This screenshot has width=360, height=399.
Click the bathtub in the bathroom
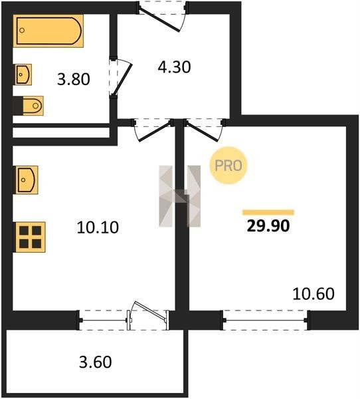48,31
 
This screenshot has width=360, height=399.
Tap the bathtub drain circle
22,31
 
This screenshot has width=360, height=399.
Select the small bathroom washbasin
23,74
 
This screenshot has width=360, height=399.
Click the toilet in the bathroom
33,105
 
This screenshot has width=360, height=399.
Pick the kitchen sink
27,180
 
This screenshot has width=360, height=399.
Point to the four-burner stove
31,237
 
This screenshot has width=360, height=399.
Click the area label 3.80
74,79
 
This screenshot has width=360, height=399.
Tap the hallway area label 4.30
174,67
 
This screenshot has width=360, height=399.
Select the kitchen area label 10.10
98,227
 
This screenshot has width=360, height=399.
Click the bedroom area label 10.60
314,294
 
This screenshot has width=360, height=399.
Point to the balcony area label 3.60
96,362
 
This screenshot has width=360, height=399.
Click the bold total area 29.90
268,225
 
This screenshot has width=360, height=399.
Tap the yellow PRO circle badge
228,166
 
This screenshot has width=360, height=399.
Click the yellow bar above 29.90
268,213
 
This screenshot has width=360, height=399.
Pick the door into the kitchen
153,131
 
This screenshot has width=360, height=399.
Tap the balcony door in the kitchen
147,315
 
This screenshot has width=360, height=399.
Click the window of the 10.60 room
266,320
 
